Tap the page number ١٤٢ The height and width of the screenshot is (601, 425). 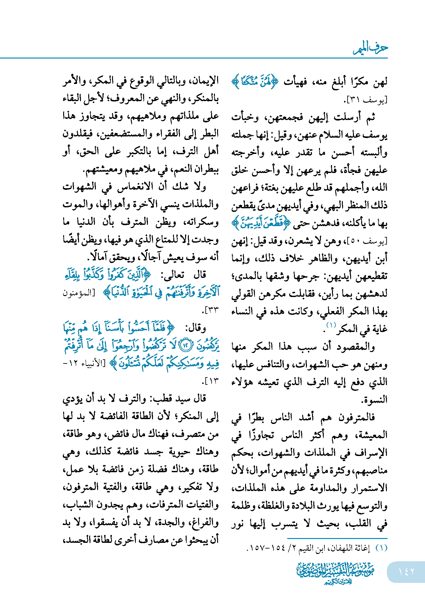point(406,571)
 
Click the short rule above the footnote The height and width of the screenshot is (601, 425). point(337,538)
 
